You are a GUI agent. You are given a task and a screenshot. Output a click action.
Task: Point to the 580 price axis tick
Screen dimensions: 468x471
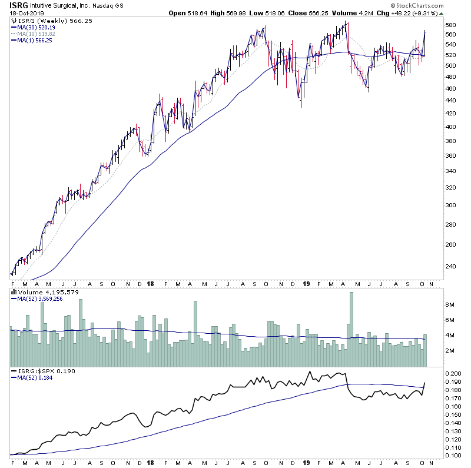[x=452, y=25]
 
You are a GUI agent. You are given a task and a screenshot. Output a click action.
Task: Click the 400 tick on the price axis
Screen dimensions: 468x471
[x=452, y=127]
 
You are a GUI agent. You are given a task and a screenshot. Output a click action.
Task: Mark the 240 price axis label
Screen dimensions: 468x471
[x=452, y=266]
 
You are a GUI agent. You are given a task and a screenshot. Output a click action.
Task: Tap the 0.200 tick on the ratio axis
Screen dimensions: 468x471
[x=453, y=374]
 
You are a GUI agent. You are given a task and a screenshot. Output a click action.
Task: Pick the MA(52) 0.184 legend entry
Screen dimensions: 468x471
[x=35, y=379]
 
